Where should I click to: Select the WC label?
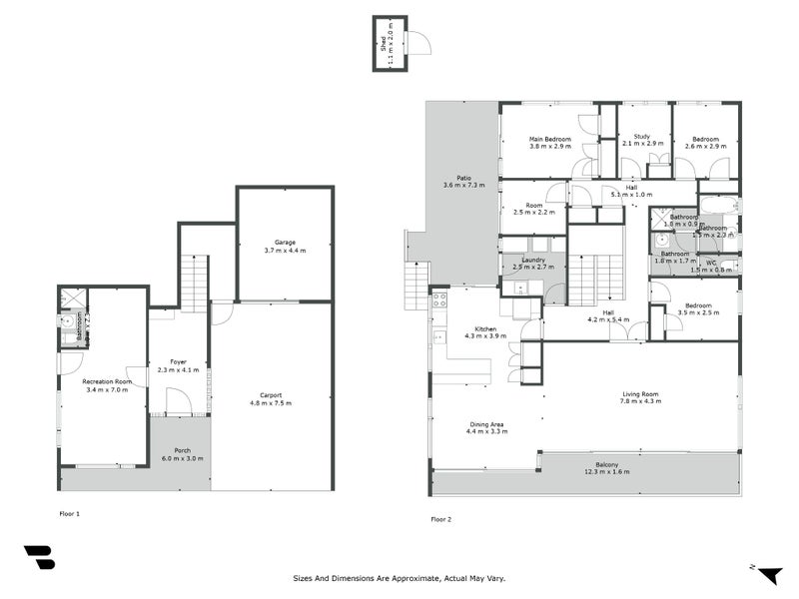[x=711, y=264]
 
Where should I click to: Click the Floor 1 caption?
[x=70, y=513]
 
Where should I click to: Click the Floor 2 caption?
[x=440, y=519]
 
